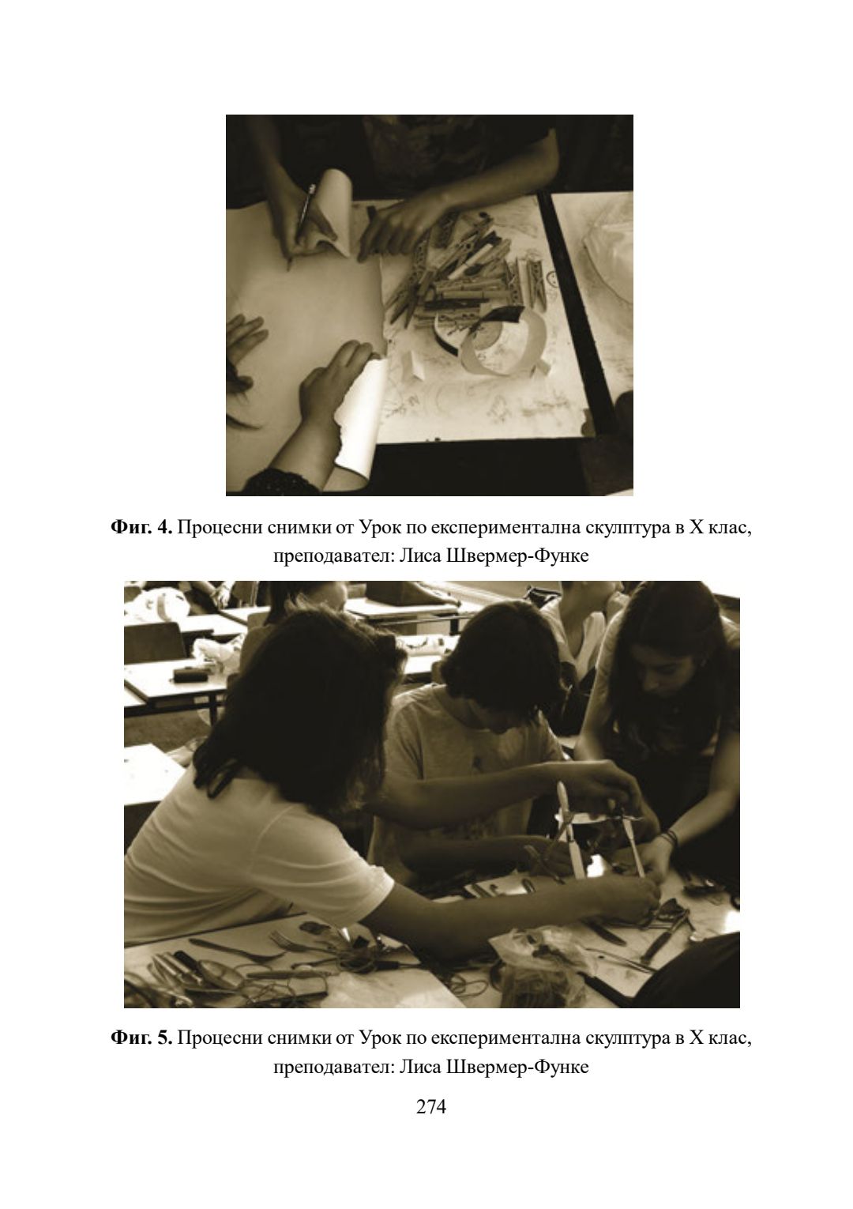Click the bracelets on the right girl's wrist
(670, 838)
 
